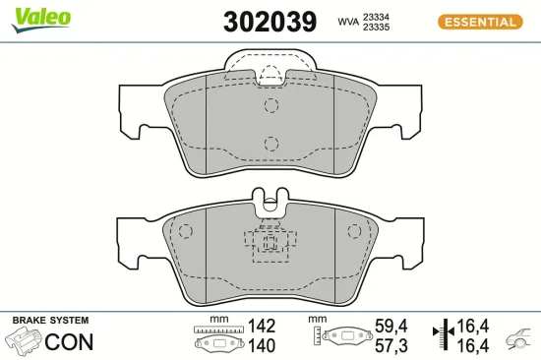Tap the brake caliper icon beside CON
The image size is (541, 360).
(x=25, y=342)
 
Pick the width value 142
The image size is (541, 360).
(x=262, y=326)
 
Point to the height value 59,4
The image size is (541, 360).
(x=392, y=326)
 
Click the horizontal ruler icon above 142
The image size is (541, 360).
(x=219, y=329)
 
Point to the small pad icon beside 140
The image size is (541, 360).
(x=219, y=345)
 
